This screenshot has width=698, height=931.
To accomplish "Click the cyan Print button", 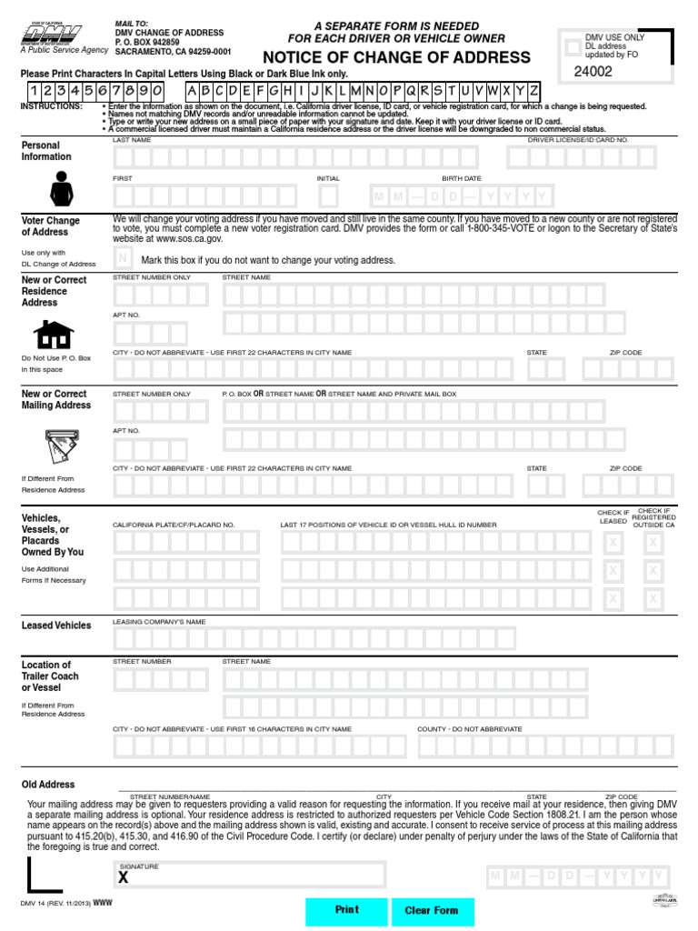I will (346, 910).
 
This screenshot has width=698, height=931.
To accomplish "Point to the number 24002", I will (593, 71).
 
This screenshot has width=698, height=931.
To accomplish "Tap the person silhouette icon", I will (61, 189).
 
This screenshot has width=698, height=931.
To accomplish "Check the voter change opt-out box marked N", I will (124, 259).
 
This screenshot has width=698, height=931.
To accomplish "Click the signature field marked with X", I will (249, 875).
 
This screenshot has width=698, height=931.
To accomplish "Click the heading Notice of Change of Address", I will (396, 57).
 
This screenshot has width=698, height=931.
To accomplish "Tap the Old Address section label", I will (48, 784).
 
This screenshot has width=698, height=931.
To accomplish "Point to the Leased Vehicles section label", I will (56, 626).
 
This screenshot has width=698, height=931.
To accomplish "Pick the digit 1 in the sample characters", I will (34, 91).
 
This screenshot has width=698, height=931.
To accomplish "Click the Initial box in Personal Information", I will (328, 195).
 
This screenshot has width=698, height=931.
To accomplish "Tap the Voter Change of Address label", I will (51, 226).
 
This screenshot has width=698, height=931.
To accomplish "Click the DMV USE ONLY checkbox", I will (572, 45).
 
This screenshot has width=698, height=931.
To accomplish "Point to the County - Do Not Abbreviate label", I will (470, 729).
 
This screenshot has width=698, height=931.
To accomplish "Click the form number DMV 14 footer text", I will (55, 903).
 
